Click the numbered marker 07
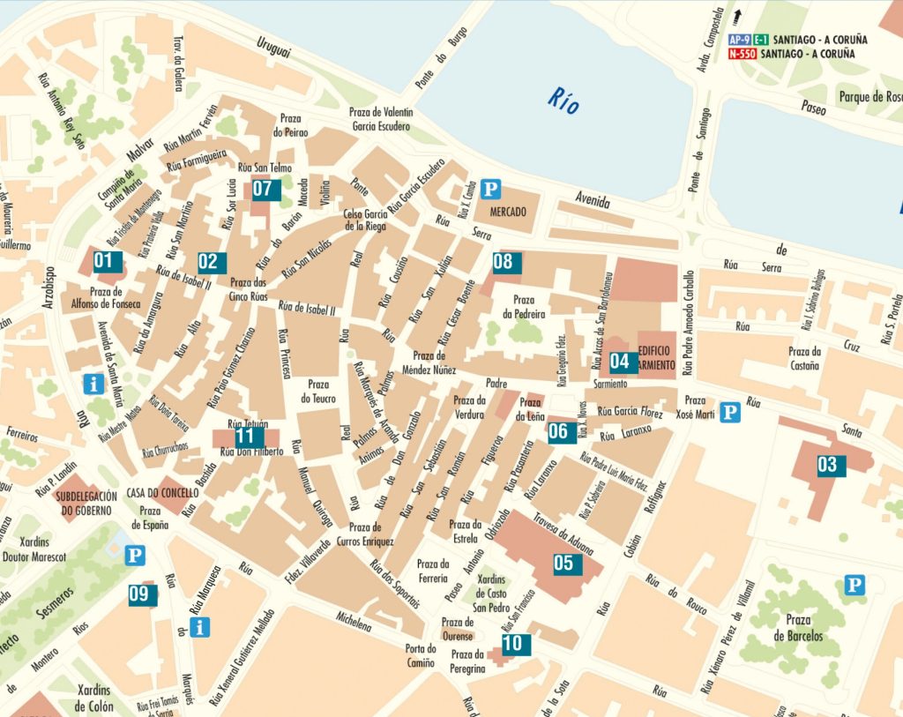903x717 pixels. point(263,188)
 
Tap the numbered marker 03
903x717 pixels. point(826,464)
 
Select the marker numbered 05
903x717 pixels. point(563,563)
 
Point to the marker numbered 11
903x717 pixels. point(245,436)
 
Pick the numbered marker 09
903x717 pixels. point(138,594)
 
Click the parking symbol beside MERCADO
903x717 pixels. point(494,188)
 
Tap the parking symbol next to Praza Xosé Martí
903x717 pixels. point(728,412)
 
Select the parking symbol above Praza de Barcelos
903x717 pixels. point(853,585)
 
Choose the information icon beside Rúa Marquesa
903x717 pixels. point(201,627)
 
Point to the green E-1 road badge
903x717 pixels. point(760,40)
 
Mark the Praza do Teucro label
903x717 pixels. point(317,392)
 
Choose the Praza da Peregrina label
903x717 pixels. point(466,661)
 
